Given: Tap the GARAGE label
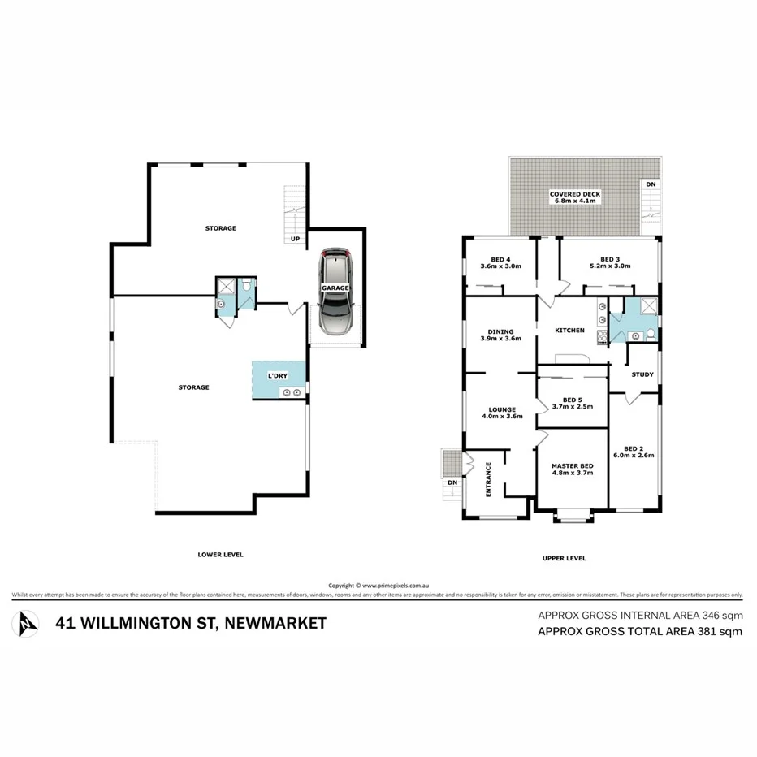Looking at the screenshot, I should tap(335, 288).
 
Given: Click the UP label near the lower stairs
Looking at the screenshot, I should tap(296, 240).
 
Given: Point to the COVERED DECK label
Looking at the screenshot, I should tap(574, 195).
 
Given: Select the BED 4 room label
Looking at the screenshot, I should tap(500, 257).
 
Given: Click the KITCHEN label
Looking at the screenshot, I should tap(569, 331).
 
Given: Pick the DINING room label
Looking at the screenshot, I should tap(500, 331).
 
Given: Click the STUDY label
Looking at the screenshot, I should tap(642, 374).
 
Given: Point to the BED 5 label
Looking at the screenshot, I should tap(573, 400).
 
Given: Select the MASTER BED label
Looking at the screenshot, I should tap(573, 465).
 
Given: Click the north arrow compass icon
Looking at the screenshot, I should tap(28, 623).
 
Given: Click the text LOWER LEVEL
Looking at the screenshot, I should tap(220, 555).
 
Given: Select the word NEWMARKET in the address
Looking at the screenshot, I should tap(276, 624).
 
